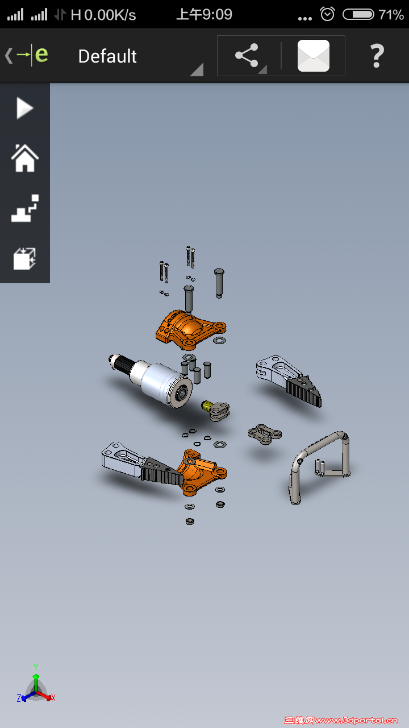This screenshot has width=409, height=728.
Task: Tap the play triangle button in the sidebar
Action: coord(24,108)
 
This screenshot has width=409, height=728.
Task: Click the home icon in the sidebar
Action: coord(24,158)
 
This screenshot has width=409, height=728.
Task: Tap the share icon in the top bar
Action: coord(247,56)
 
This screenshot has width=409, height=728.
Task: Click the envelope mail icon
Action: coord(313,56)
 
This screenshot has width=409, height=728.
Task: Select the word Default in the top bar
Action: coord(107,56)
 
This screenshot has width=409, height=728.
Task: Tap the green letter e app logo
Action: coord(41,55)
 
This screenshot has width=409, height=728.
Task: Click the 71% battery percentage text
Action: coord(391,15)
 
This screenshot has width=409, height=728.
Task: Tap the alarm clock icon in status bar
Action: coord(327,14)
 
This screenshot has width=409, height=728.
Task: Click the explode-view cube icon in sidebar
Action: coord(24,259)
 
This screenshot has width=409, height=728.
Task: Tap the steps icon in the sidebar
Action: coord(24,208)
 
